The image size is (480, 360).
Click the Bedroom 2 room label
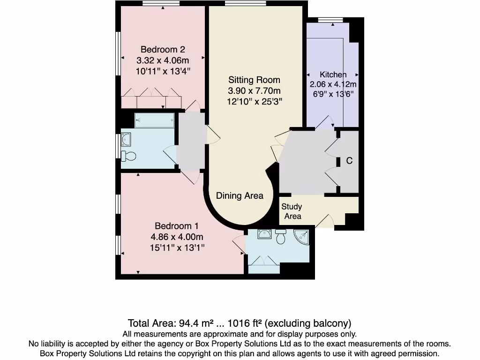[163, 49]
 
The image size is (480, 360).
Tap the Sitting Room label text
[254, 80]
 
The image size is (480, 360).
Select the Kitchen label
[333, 75]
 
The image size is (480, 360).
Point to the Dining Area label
[240, 196]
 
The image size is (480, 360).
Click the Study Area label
[292, 211]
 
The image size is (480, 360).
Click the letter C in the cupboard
[349, 161]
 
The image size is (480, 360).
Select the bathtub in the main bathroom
[154, 120]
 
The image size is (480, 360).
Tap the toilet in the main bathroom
[128, 156]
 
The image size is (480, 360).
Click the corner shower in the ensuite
[301, 237]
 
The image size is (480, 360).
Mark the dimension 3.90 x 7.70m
[254, 90]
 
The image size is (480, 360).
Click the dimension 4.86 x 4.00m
[176, 237]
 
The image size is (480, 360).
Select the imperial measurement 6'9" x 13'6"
[333, 94]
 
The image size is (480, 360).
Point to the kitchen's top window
[326, 19]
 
